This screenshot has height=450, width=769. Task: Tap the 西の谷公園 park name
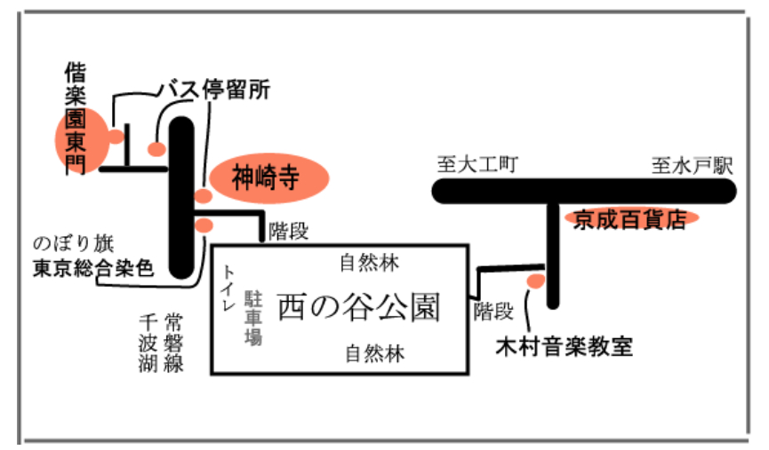click(x=358, y=306)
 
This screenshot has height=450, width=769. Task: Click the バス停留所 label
click(x=213, y=89)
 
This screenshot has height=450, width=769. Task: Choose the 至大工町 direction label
click(x=477, y=165)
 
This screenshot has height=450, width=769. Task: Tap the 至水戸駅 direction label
click(x=691, y=165)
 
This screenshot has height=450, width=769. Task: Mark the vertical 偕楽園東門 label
click(x=74, y=118)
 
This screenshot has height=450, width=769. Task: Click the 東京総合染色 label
click(x=93, y=265)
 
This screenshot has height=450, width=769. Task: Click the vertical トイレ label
click(x=229, y=288)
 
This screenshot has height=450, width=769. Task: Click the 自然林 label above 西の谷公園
click(x=370, y=263)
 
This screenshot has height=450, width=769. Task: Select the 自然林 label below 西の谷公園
click(x=374, y=354)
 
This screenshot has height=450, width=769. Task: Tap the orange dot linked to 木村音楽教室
click(x=535, y=281)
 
